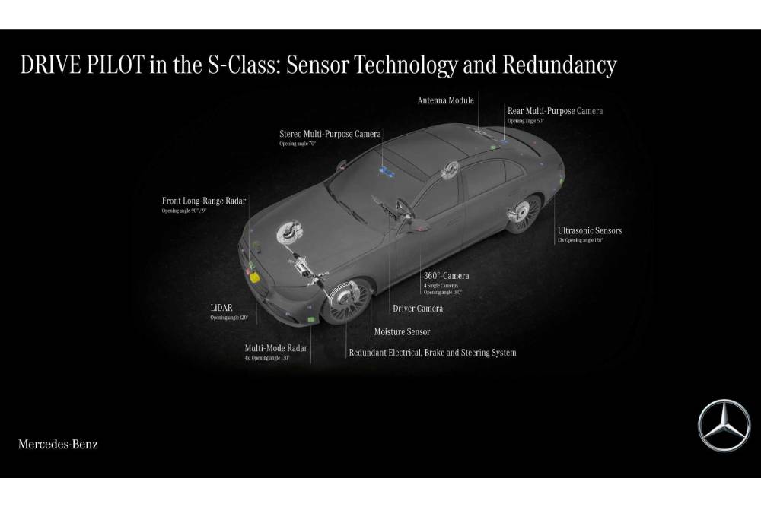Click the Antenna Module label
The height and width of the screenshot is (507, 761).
[445, 100]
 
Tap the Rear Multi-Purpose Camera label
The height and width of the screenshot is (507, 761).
[555, 111]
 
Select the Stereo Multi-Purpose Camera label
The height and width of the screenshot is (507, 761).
[330, 134]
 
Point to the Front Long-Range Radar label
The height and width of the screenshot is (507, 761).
[204, 201]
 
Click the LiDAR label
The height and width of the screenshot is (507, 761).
[222, 308]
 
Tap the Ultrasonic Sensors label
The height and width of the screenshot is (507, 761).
[589, 230]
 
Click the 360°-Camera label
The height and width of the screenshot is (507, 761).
[446, 276]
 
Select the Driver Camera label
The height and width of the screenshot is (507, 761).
[418, 309]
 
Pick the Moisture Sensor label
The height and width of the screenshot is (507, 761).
[402, 331]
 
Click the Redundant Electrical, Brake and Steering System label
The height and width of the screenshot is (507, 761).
[432, 353]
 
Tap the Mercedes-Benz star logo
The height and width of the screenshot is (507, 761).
[724, 425]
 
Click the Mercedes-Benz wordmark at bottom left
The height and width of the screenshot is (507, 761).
[58, 443]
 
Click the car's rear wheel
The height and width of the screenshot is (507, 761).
[525, 212]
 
